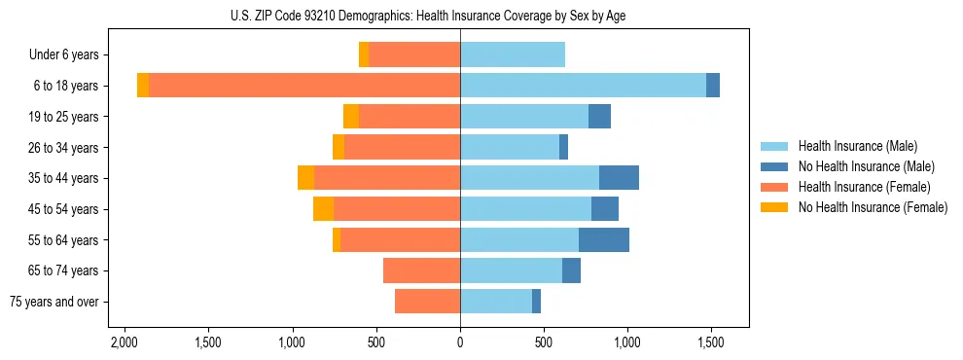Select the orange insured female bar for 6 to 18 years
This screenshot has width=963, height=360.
coord(645,86)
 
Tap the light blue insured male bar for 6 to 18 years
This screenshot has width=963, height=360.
coord(583,86)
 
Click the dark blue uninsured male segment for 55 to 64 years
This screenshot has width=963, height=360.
coord(604,239)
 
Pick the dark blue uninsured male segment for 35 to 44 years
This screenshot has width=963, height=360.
coord(619,178)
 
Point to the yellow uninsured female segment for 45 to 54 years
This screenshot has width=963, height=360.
coord(323,209)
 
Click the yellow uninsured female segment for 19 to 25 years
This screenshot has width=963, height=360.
coord(351,117)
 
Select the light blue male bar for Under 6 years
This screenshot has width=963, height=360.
coord(513,54)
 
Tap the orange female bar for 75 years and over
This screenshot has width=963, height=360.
coord(427,302)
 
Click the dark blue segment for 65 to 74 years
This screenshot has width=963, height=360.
coord(571,270)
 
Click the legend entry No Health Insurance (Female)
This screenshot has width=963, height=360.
coord(872,207)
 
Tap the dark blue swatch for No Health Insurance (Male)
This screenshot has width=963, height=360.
coord(775,166)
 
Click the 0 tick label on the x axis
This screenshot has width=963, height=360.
coord(460,342)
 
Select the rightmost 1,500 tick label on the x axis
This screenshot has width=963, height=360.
coord(710,342)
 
